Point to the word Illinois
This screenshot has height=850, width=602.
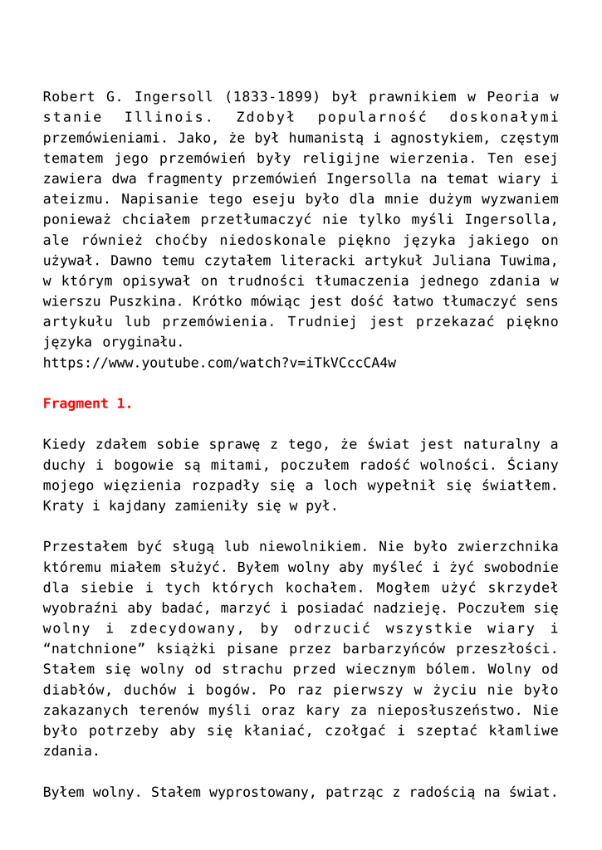[x=163, y=118]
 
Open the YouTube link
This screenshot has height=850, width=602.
[x=219, y=363]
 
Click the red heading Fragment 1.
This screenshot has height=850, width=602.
[x=87, y=403]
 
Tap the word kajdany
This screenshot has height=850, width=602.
[x=136, y=506]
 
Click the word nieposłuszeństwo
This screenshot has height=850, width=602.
[x=466, y=711]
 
